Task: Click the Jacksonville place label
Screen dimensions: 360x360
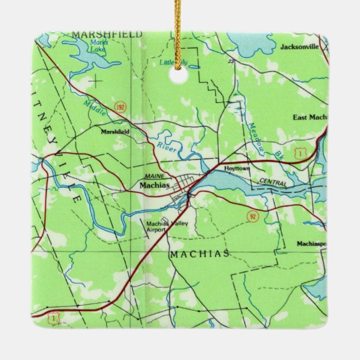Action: (300, 47)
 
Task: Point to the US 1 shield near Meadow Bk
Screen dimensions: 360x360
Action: (301, 152)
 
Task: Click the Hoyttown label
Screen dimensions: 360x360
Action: (236, 168)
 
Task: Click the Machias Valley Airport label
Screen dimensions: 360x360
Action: (166, 226)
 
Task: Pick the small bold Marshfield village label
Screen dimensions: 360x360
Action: (115, 132)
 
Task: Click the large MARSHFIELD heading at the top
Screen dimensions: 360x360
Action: (106, 35)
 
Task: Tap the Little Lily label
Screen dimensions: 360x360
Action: (174, 63)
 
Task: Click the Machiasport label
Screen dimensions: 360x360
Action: (312, 244)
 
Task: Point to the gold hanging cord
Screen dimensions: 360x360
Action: (179, 34)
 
